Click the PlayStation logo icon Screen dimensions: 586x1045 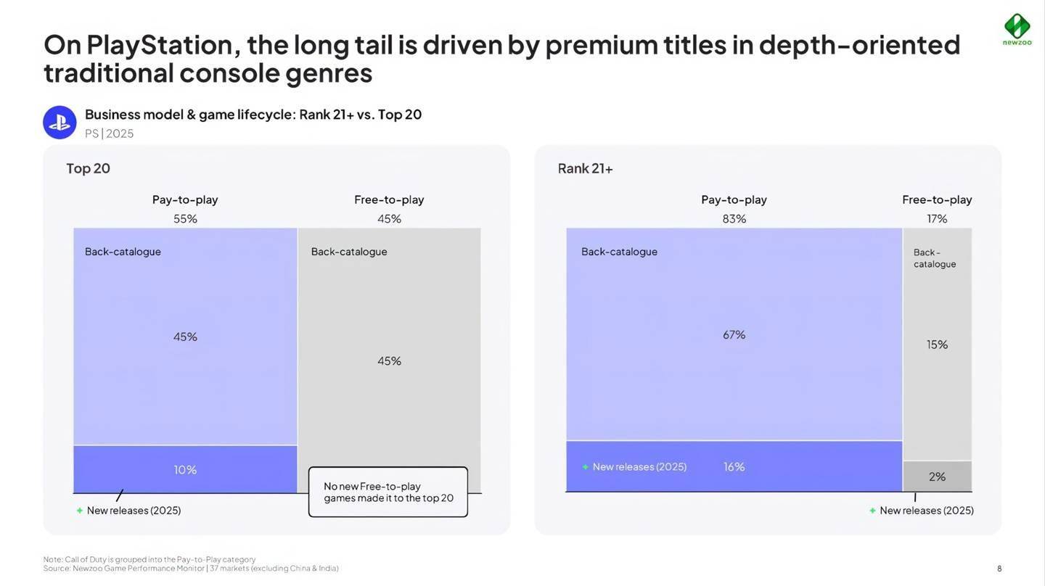tap(60, 123)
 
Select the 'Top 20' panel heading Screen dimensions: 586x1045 tap(88, 168)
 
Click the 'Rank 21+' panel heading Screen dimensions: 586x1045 tap(585, 168)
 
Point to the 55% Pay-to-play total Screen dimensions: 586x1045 tap(185, 218)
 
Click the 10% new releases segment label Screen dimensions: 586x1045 tap(185, 470)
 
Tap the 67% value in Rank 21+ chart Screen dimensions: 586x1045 tap(734, 334)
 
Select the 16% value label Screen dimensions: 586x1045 tap(734, 466)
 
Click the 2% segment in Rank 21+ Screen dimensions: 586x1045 tap(937, 476)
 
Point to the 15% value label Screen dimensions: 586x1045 tap(937, 344)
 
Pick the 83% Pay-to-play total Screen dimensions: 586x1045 tap(734, 218)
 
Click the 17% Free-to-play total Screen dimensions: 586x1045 tap(937, 218)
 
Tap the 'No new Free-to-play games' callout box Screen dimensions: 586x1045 tap(388, 492)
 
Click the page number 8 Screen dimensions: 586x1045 tap(999, 569)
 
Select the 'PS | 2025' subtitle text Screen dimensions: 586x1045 tap(109, 133)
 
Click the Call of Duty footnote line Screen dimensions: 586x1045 tap(149, 559)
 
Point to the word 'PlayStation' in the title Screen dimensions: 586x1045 tap(163, 45)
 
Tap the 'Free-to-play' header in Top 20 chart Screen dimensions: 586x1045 tap(389, 199)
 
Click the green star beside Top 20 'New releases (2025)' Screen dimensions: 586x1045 tap(80, 511)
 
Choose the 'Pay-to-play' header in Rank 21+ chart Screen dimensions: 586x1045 tap(734, 199)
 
